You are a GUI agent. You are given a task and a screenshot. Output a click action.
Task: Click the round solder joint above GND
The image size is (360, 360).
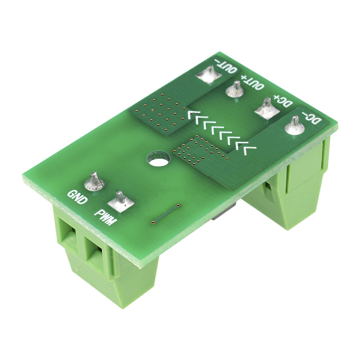(94, 182)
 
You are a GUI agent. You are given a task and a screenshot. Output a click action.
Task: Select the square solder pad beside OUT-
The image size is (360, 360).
(208, 75)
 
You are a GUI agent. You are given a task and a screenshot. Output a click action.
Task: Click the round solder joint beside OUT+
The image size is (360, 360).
(236, 90)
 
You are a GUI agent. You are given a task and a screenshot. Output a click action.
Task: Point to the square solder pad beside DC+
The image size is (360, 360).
(267, 109)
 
